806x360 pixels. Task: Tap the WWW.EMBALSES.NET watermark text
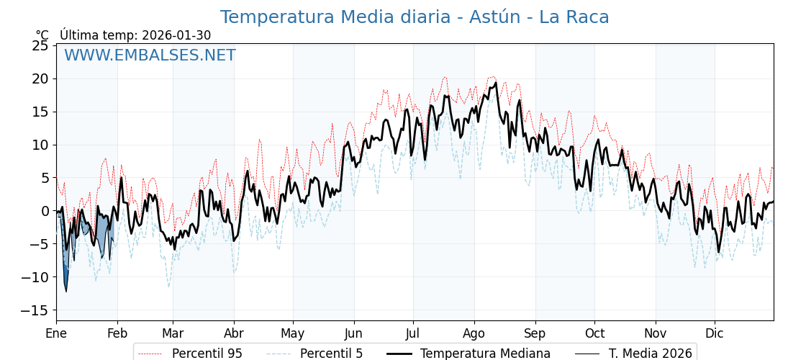(150, 55)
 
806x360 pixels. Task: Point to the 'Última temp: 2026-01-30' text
(135, 35)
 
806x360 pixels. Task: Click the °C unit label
(42, 35)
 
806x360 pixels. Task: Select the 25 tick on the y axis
(40, 45)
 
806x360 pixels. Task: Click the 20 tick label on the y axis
(40, 78)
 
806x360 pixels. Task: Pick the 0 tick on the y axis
(45, 211)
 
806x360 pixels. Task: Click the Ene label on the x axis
(56, 333)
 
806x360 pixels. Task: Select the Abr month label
(234, 333)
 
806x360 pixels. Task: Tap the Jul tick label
(413, 333)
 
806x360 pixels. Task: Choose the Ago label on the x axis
(474, 333)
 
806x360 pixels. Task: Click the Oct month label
(594, 333)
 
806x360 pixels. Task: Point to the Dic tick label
(715, 333)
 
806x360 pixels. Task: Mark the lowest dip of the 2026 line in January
(66, 291)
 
